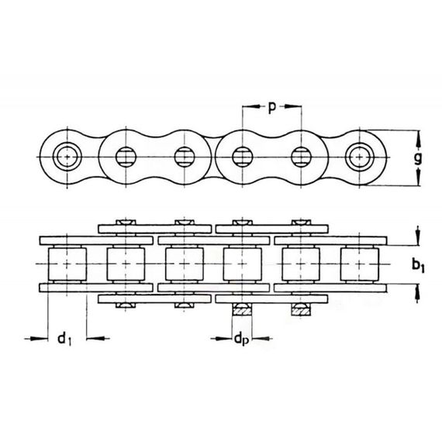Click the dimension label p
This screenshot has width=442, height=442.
[x=271, y=108]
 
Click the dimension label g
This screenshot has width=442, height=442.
[x=418, y=158]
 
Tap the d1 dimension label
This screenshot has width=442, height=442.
[x=64, y=339]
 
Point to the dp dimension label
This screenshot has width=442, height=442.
[x=241, y=340]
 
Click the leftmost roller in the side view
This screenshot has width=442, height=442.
[x=67, y=157]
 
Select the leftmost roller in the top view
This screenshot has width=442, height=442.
[x=67, y=264]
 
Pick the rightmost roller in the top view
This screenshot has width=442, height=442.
[x=359, y=264]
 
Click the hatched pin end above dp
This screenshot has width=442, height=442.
[x=243, y=311]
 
